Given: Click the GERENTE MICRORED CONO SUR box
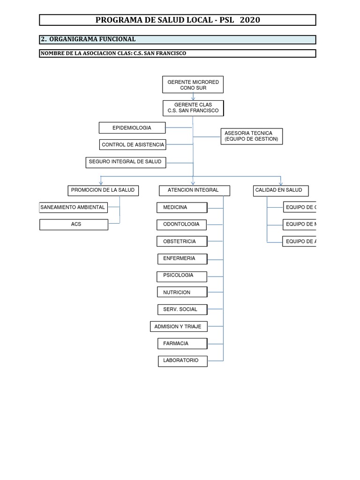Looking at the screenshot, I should click(193, 85).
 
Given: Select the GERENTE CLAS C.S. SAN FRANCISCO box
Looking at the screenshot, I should click(193, 108).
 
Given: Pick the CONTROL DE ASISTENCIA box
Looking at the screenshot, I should click(133, 145).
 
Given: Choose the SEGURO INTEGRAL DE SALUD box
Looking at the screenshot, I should click(126, 162).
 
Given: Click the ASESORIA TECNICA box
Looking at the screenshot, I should click(252, 136).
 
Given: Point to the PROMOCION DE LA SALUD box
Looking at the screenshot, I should click(103, 190).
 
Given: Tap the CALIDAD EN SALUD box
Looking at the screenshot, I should click(280, 190).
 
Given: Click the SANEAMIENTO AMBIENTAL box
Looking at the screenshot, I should click(73, 207).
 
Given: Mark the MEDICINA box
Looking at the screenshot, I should click(182, 207).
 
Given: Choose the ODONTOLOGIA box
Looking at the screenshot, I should click(182, 225).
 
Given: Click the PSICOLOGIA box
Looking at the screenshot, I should click(182, 276).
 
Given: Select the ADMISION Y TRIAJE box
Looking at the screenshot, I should click(178, 327).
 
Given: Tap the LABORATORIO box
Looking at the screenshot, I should click(182, 361).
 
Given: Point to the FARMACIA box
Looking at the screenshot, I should click(182, 344).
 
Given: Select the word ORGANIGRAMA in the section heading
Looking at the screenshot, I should click(73, 39).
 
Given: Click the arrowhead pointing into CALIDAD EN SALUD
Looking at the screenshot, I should click(280, 182).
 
